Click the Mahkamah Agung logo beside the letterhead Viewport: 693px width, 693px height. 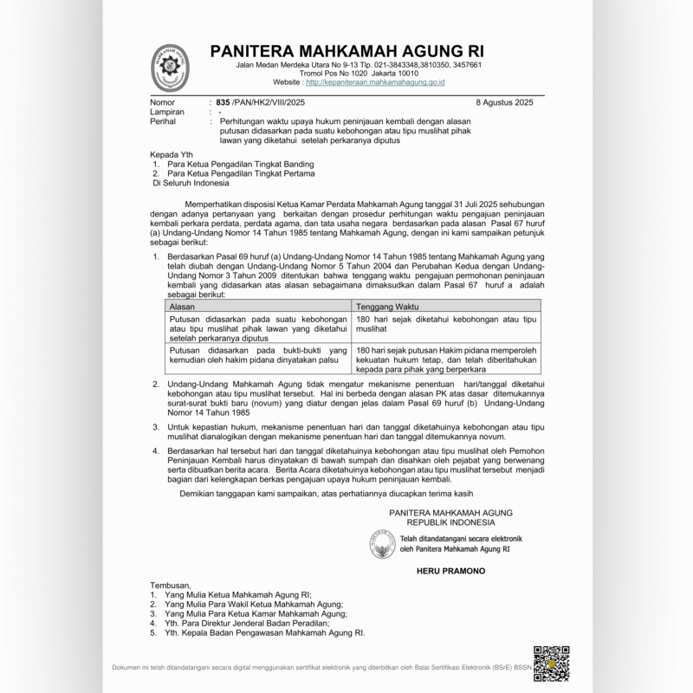pos(173,67)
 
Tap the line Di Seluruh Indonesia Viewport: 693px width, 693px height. pos(191,183)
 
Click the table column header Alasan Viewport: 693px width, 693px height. pos(181,306)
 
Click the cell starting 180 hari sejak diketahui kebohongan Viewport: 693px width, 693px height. pos(445,324)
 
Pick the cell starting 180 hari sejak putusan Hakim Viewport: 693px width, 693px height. pos(445,358)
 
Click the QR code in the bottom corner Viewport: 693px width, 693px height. pos(551,663)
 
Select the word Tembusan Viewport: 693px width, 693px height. pos(170,586)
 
